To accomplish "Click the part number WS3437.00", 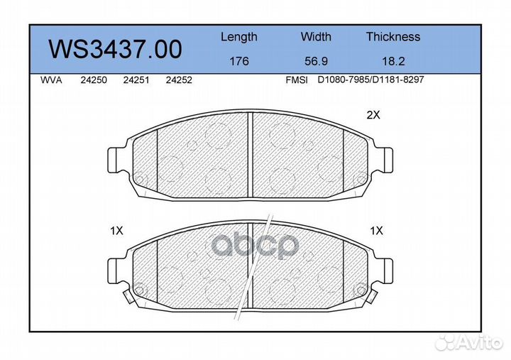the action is [116, 49].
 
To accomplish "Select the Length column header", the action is [239, 37].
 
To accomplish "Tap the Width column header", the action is [316, 36].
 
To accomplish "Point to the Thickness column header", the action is [393, 36].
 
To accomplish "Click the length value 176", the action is [239, 61].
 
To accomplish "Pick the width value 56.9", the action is [316, 61].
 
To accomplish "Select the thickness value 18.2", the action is [393, 61].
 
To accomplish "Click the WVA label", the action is [51, 80].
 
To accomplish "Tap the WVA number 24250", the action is [94, 80].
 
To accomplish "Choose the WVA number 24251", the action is [136, 80].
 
